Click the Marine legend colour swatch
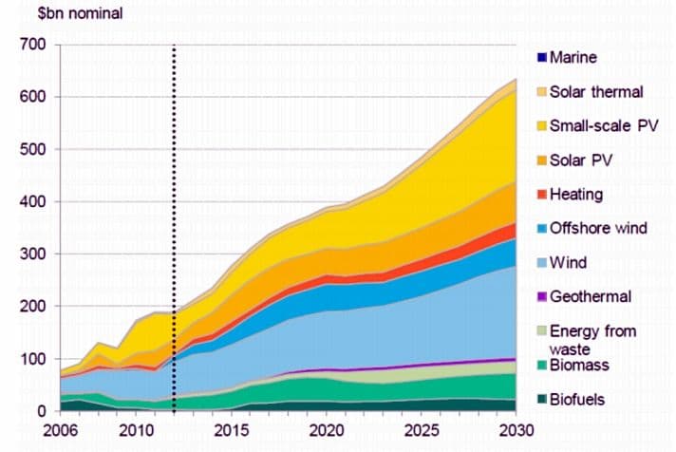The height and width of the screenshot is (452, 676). click(542, 58)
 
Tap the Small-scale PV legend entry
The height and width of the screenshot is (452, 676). click(604, 126)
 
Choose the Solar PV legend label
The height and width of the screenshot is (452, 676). click(582, 160)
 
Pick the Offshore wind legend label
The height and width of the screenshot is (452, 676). click(598, 229)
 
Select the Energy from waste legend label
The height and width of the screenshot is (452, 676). click(593, 340)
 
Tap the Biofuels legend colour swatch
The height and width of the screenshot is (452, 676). click(542, 400)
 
